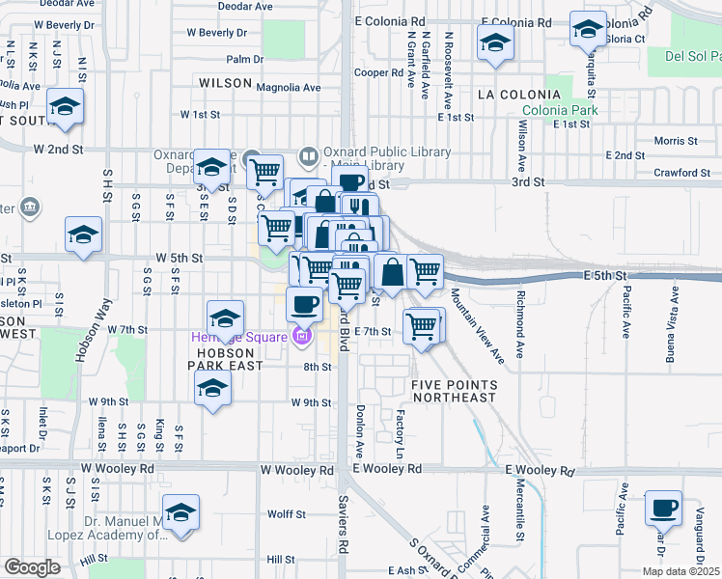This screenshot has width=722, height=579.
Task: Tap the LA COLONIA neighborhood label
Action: point(519,95)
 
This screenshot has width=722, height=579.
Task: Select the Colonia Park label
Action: point(569,110)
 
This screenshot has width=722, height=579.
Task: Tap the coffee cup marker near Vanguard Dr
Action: point(663,508)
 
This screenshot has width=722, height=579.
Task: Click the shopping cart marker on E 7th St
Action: point(422,327)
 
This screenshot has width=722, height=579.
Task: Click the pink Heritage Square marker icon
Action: point(303,337)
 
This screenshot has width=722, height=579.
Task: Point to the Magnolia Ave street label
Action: point(289,87)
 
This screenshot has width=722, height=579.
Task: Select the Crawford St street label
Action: point(680,173)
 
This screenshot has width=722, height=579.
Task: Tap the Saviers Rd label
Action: point(343,527)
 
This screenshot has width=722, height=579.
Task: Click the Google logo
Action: point(31,567)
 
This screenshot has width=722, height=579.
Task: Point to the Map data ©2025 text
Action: point(680,571)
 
